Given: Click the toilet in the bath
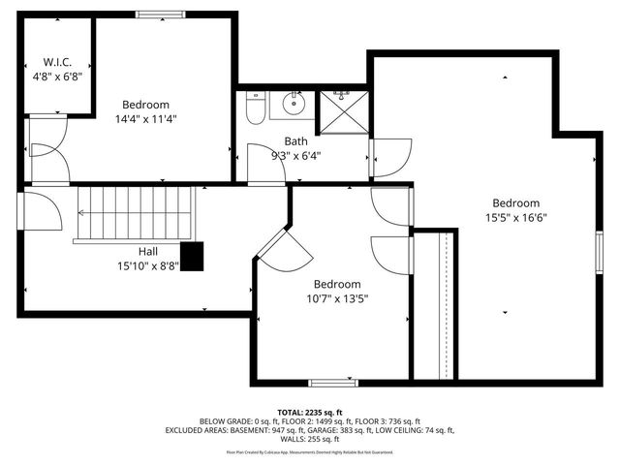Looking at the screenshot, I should pyautogui.click(x=256, y=108).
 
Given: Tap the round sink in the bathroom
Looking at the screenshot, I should pyautogui.click(x=294, y=103).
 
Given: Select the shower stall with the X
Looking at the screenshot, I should pyautogui.click(x=342, y=111).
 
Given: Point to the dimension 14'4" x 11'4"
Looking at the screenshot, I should pyautogui.click(x=146, y=119).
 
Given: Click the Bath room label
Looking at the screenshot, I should pyautogui.click(x=295, y=140).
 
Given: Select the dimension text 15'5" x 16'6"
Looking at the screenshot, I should pyautogui.click(x=514, y=218).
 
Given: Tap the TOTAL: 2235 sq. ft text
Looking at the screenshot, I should pyautogui.click(x=309, y=412).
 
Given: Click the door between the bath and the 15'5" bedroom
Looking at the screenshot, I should pyautogui.click(x=389, y=158).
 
